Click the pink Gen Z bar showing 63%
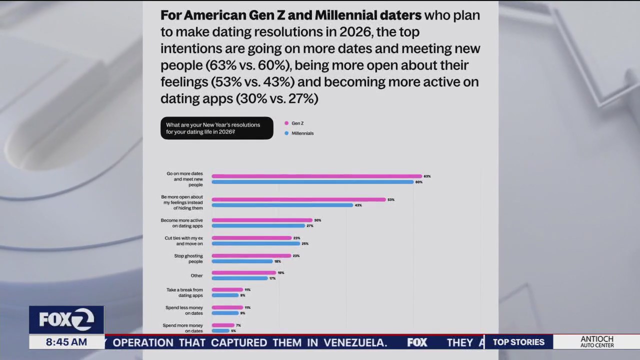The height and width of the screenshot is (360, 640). click(x=316, y=176)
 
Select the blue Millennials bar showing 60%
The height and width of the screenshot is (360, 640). click(x=312, y=182)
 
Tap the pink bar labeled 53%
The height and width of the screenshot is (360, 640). click(x=298, y=199)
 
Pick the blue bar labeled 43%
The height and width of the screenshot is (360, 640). click(x=282, y=205)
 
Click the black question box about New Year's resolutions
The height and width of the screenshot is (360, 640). click(x=216, y=128)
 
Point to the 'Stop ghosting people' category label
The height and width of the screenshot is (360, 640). click(x=181, y=258)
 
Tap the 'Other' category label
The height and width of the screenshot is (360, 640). click(x=196, y=275)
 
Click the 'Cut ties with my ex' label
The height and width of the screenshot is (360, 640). click(x=183, y=241)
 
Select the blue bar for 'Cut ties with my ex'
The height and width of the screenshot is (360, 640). click(x=255, y=243)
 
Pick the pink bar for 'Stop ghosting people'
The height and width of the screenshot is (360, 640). click(x=251, y=255)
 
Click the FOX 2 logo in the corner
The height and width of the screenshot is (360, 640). click(x=66, y=320)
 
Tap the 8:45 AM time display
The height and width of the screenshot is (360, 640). click(x=66, y=342)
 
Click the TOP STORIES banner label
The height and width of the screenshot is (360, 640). click(x=518, y=342)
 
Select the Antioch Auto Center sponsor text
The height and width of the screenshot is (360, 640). click(x=597, y=342)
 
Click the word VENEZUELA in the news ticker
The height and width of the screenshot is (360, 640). click(x=355, y=342)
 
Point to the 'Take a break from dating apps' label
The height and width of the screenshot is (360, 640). click(x=184, y=292)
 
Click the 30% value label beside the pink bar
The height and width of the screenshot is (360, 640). click(x=317, y=220)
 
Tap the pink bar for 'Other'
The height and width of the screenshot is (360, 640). click(x=243, y=272)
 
